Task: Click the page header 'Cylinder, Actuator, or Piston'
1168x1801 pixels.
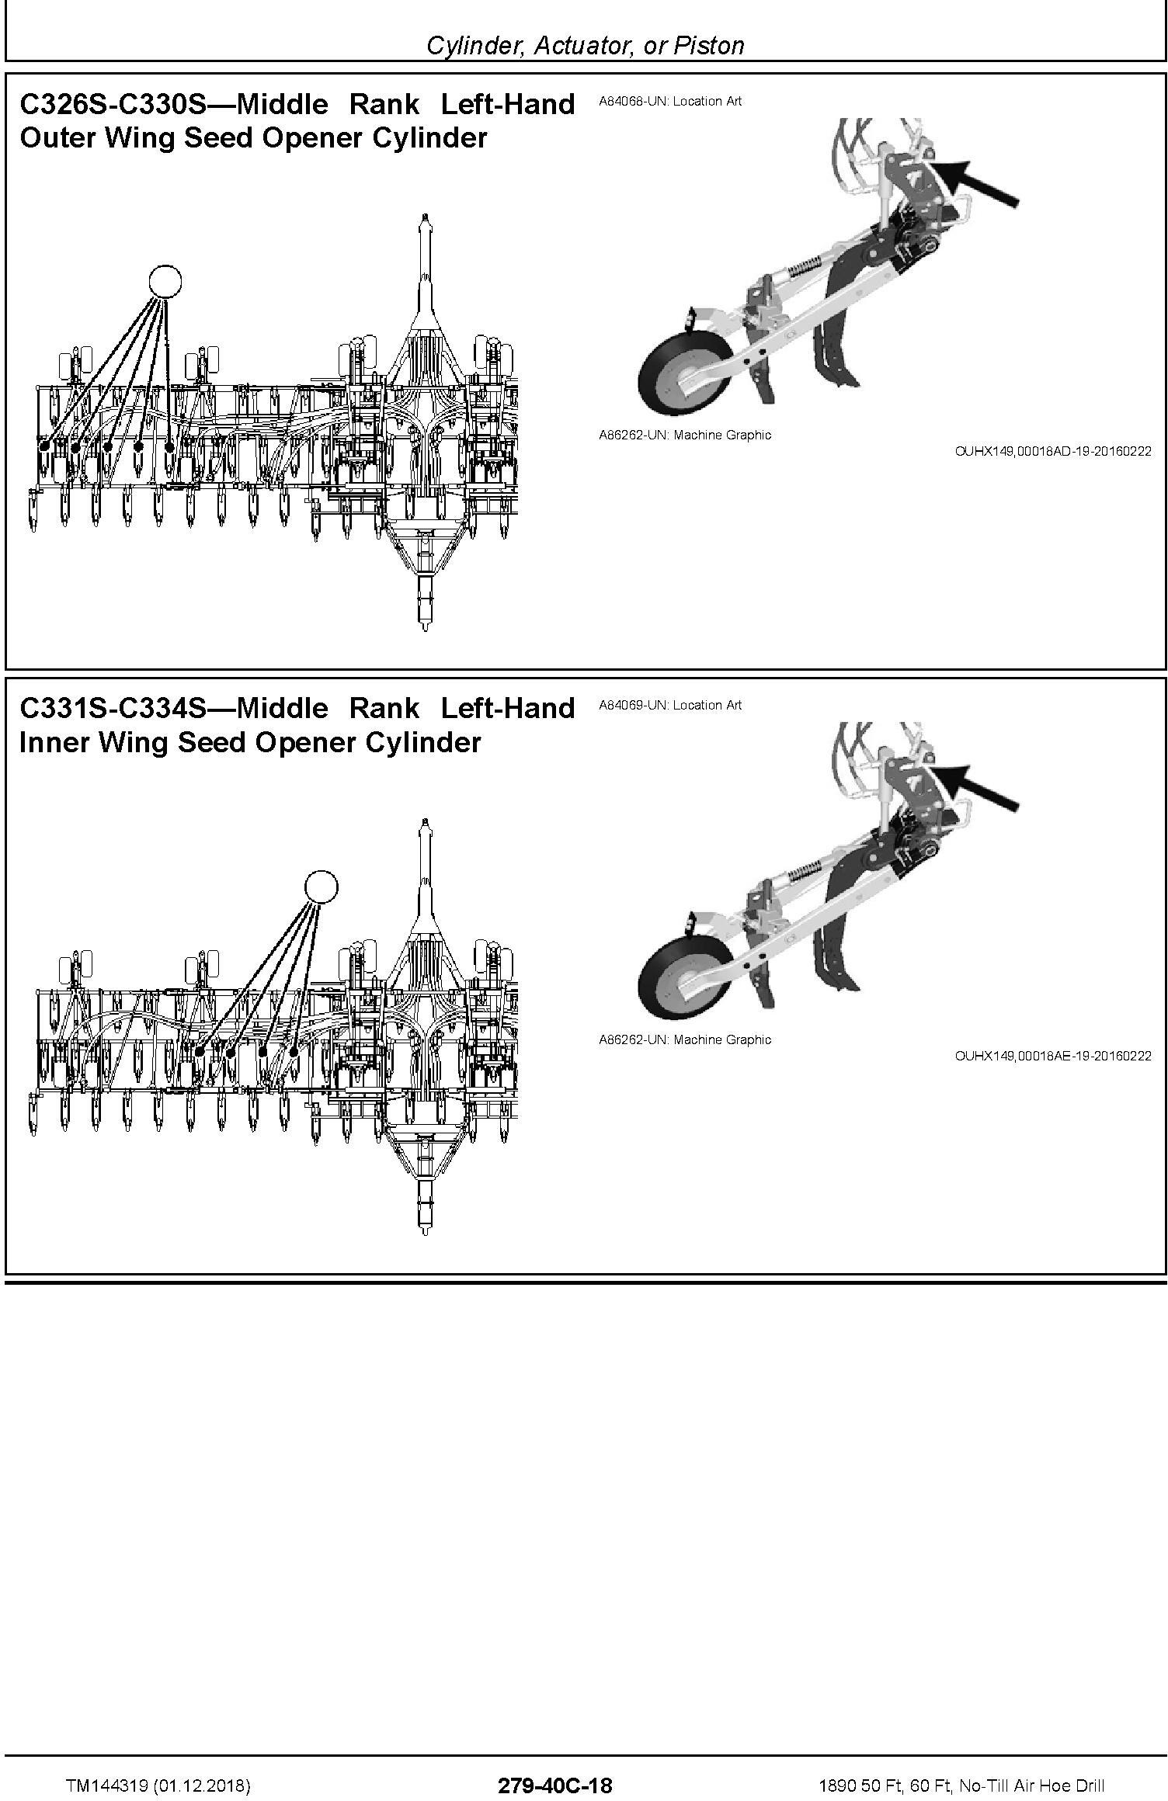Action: click(x=585, y=46)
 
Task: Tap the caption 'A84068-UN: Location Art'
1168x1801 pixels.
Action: click(x=670, y=102)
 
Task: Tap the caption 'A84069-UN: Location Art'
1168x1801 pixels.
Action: click(x=670, y=706)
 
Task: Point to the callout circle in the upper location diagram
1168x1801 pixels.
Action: click(x=165, y=281)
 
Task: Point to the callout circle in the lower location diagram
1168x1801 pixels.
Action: click(x=321, y=886)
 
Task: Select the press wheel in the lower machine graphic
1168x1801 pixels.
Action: click(x=684, y=984)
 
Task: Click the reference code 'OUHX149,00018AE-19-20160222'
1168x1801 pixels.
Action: click(x=1052, y=1056)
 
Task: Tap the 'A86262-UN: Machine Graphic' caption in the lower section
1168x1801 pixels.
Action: click(x=685, y=1040)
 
